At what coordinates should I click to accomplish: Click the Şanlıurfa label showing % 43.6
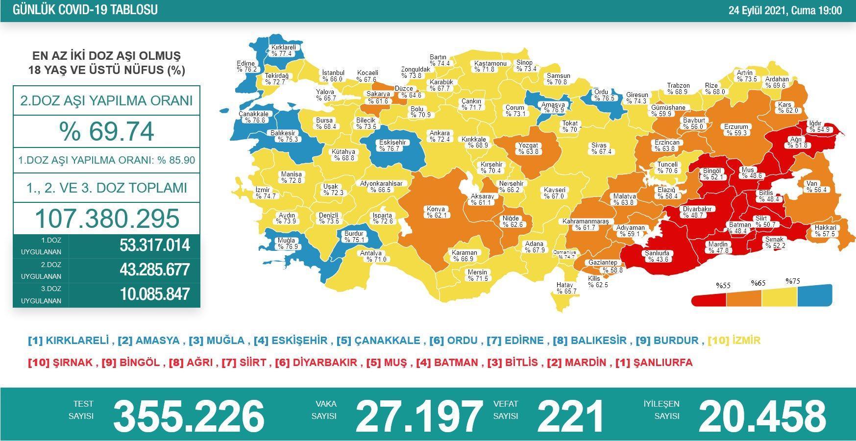[657, 256]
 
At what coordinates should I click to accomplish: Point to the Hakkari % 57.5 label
[825, 231]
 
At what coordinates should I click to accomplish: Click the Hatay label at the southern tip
[566, 288]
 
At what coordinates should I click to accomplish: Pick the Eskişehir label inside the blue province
[392, 146]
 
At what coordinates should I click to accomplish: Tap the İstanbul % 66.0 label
[333, 76]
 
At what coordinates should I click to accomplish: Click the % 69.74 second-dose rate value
[106, 131]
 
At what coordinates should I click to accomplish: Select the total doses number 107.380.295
[107, 219]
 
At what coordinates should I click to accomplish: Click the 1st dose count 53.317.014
[154, 245]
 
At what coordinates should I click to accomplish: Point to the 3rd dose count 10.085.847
[154, 294]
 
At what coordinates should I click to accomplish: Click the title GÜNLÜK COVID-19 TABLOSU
[85, 10]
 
